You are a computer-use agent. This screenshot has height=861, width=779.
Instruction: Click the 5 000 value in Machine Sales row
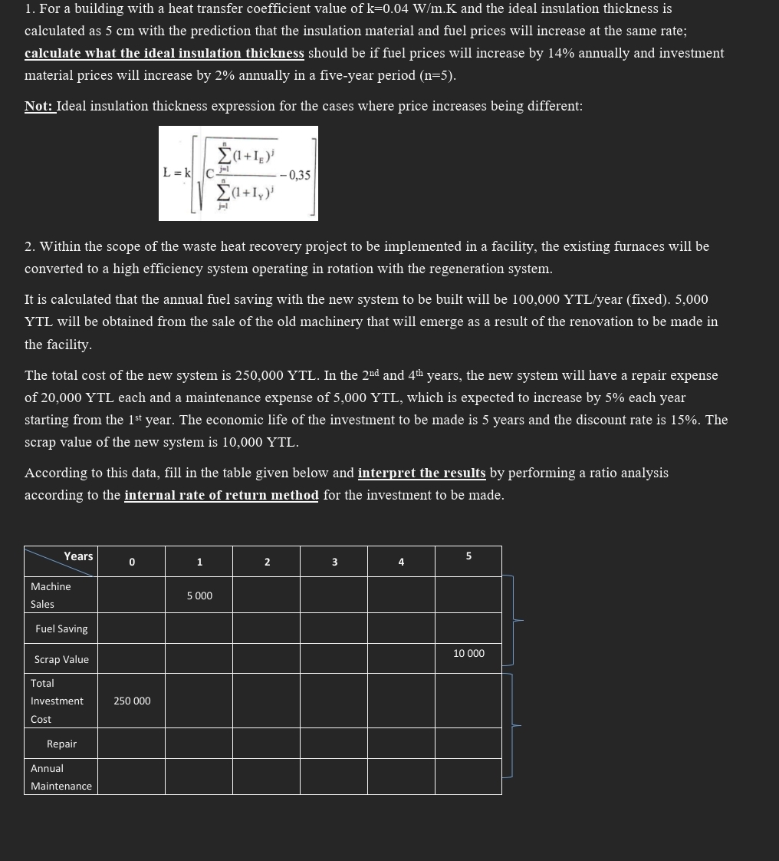tap(199, 595)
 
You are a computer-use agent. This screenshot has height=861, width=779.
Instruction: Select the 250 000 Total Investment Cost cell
tap(132, 701)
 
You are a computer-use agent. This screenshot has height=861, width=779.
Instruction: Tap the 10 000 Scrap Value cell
tap(468, 653)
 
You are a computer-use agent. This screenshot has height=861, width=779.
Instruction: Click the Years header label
tap(78, 556)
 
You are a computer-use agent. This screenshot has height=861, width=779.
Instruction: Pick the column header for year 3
tap(334, 562)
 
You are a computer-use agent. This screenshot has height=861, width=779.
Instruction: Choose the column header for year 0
tap(132, 562)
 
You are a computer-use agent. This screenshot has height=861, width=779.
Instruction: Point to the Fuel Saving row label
tap(61, 628)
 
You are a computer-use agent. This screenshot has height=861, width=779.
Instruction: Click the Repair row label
tap(61, 744)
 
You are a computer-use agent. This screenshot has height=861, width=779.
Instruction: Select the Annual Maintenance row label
tap(61, 777)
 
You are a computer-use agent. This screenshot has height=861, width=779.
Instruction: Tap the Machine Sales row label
tap(51, 595)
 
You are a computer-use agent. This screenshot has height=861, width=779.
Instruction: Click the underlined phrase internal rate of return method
tap(221, 495)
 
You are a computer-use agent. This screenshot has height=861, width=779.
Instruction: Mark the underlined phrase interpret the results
tap(421, 473)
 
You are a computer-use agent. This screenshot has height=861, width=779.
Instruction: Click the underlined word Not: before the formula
tap(38, 106)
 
